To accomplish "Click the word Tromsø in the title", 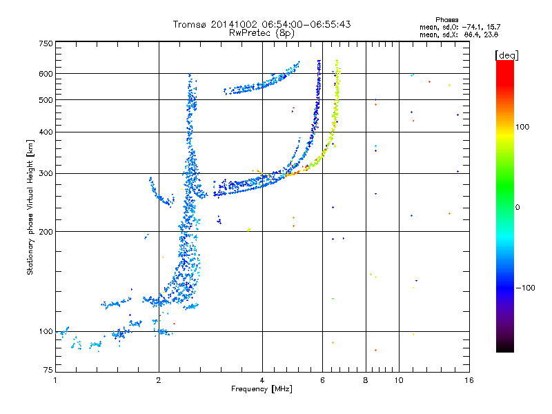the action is (190, 24).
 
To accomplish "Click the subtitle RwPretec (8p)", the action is (262, 33).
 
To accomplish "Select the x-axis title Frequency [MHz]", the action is (262, 389).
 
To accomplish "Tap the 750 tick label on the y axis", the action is (46, 43).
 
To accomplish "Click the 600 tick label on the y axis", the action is (46, 74).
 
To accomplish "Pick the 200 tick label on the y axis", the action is (46, 232).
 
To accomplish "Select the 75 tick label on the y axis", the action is (48, 370).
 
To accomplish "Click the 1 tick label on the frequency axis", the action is (55, 380).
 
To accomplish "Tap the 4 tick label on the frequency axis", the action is (262, 380).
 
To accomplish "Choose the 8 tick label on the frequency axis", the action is (366, 380).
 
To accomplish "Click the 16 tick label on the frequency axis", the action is (469, 380).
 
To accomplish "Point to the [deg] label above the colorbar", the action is (506, 56).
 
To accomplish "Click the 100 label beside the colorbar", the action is (522, 127).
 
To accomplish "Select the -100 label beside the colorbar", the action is (526, 288).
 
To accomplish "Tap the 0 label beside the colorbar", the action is (517, 208).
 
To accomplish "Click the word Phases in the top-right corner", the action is (446, 20).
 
